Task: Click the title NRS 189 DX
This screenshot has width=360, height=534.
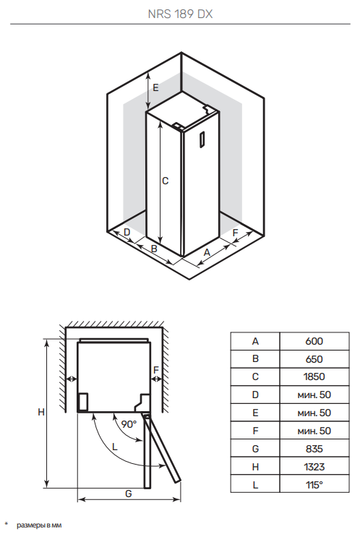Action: click(x=180, y=14)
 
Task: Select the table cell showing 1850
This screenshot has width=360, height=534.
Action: click(x=314, y=376)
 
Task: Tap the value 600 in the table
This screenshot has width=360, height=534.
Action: click(x=314, y=341)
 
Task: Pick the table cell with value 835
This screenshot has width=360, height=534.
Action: click(x=314, y=449)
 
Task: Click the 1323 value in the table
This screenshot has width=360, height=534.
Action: click(x=314, y=467)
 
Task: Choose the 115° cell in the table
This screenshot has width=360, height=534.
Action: click(x=314, y=485)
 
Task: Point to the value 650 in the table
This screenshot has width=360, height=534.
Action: click(x=314, y=359)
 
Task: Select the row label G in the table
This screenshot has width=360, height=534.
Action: click(x=255, y=449)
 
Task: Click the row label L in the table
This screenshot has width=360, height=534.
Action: click(x=255, y=485)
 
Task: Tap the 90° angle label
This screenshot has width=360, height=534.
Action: click(x=129, y=424)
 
